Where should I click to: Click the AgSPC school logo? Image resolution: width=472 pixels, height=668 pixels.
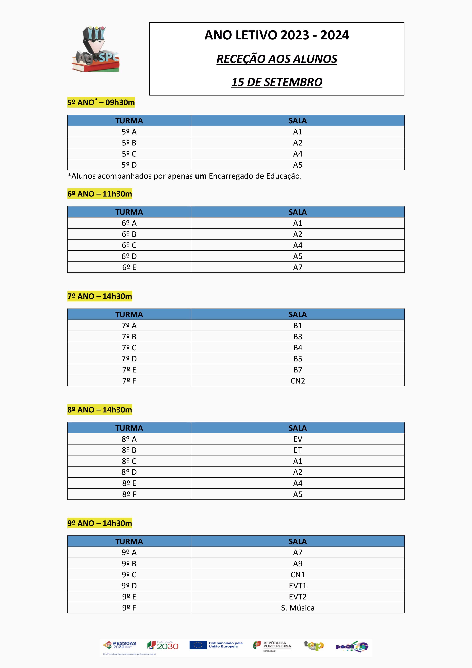(x=95, y=49)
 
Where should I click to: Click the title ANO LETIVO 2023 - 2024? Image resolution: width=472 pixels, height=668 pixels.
(x=277, y=35)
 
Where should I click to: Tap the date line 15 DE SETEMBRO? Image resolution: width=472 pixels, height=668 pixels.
(x=277, y=82)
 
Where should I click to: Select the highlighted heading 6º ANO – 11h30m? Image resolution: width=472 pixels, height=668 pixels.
(x=100, y=194)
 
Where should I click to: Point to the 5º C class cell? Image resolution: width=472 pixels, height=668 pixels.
(x=129, y=154)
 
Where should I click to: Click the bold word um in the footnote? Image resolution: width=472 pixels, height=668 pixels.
(x=200, y=176)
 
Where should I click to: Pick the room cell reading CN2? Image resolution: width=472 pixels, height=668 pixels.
(x=297, y=381)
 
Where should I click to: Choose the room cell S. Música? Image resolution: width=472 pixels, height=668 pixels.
(x=297, y=608)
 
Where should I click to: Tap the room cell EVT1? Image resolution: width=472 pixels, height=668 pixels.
(x=297, y=586)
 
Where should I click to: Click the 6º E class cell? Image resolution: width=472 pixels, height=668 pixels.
(x=129, y=267)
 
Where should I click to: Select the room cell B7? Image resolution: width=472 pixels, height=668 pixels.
(x=297, y=370)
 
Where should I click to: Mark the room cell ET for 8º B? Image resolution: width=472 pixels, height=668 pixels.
(x=297, y=450)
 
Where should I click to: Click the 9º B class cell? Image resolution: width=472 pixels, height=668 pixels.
(x=129, y=563)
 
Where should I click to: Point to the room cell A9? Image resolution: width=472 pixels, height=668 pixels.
(x=297, y=563)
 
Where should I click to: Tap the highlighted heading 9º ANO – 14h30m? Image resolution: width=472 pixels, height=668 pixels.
(x=100, y=523)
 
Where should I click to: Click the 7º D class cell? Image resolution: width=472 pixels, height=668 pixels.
(x=129, y=359)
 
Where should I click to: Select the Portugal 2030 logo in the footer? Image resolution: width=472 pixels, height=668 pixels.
(x=163, y=646)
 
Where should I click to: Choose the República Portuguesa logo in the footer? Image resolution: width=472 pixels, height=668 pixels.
(x=272, y=645)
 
